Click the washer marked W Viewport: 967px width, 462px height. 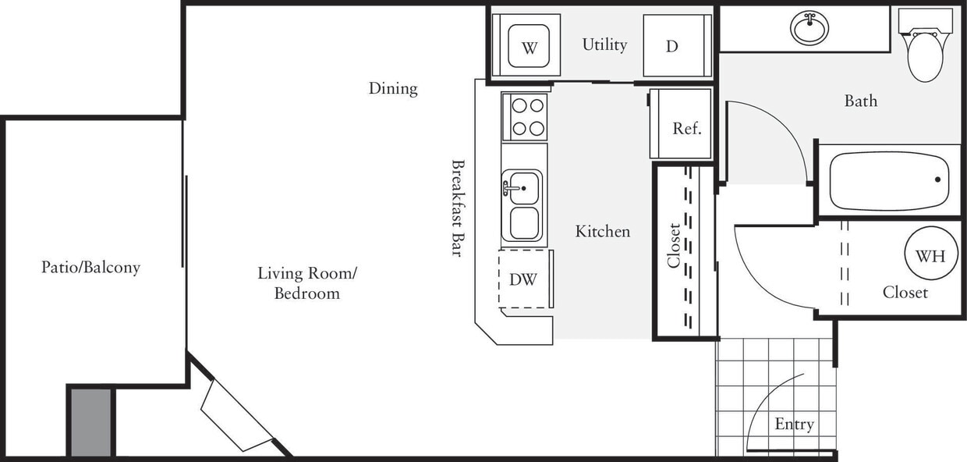click(x=530, y=47)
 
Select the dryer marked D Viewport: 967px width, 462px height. click(x=672, y=46)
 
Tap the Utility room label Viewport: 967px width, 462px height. click(x=604, y=44)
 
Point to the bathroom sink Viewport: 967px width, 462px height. click(x=809, y=29)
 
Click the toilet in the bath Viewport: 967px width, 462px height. click(x=926, y=52)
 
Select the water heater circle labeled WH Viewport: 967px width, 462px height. click(x=930, y=256)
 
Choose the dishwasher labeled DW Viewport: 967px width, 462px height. click(x=523, y=279)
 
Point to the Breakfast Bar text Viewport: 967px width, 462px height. click(x=458, y=208)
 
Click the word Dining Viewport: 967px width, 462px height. click(x=393, y=88)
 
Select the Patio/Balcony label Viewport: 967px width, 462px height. click(x=90, y=267)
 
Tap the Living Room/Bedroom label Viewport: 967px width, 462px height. click(x=307, y=283)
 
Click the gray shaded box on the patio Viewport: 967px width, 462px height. click(x=91, y=421)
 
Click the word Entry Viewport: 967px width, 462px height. click(x=794, y=424)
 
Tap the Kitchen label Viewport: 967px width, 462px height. click(x=602, y=231)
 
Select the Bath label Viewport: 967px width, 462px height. click(x=860, y=101)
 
